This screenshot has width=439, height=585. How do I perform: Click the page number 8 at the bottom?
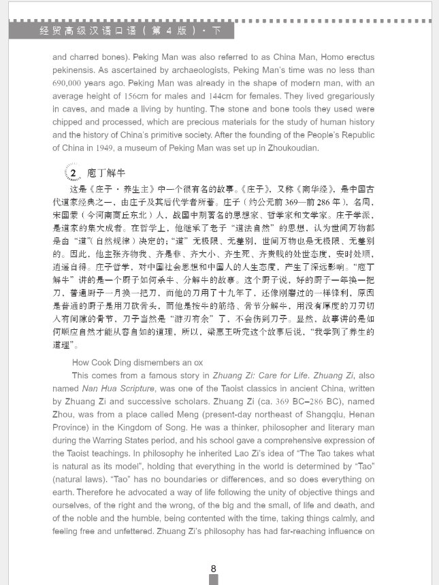213,569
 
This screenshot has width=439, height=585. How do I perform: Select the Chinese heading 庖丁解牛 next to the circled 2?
105,173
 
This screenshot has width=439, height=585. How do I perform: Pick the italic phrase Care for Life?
283,375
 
